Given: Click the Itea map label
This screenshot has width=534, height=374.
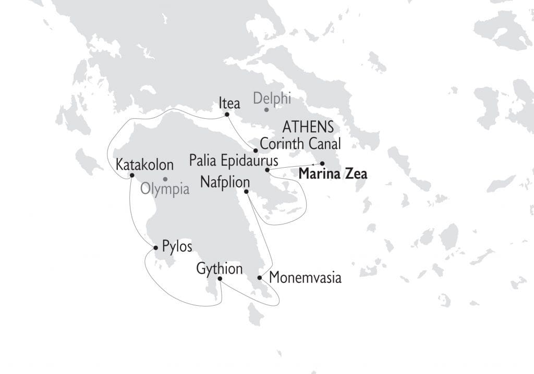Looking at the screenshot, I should click(229, 103).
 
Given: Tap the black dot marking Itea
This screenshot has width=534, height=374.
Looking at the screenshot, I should click(227, 115).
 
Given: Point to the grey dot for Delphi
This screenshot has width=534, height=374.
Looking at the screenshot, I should click(266, 109).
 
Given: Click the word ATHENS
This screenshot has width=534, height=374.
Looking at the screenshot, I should click(308, 127).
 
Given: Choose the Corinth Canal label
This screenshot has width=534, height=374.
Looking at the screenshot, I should click(300, 143).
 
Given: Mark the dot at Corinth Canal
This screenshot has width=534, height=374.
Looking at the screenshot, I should click(256, 151).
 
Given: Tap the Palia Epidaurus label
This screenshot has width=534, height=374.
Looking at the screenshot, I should click(234, 160).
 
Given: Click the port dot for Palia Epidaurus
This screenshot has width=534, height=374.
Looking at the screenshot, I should click(267, 170).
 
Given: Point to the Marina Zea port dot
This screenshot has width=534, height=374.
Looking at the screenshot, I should click(322, 164).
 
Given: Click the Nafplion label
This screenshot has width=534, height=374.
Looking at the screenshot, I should click(225, 182).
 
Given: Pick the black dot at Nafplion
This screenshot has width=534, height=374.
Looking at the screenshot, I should click(247, 192).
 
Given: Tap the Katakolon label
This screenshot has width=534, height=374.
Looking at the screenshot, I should click(144, 165).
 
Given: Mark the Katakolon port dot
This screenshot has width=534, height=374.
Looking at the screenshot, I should click(132, 176).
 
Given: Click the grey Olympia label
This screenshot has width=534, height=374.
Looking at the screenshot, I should click(165, 189).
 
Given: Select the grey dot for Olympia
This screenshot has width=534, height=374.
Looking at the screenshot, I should click(165, 179).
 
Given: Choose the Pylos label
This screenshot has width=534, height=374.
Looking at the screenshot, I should click(177, 246).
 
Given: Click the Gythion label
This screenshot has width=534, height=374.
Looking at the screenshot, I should click(220, 269).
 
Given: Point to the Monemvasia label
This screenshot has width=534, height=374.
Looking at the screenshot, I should click(305, 278).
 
